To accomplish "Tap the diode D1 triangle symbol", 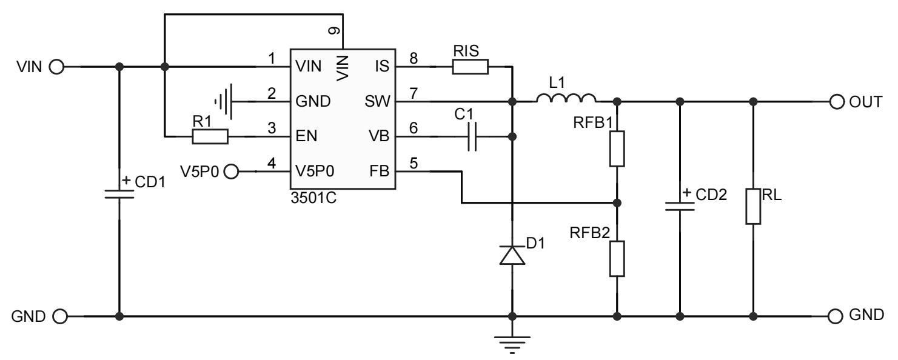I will pos(512,255).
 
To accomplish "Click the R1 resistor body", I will pos(210,136).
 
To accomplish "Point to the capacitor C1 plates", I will pos(474,136).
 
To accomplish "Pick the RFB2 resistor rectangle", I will pos(617,259).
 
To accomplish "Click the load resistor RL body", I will pos(753,206).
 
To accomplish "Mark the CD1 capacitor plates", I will pos(119,193).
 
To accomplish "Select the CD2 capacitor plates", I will pos(680,205).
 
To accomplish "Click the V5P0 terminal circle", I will pos(232,172).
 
